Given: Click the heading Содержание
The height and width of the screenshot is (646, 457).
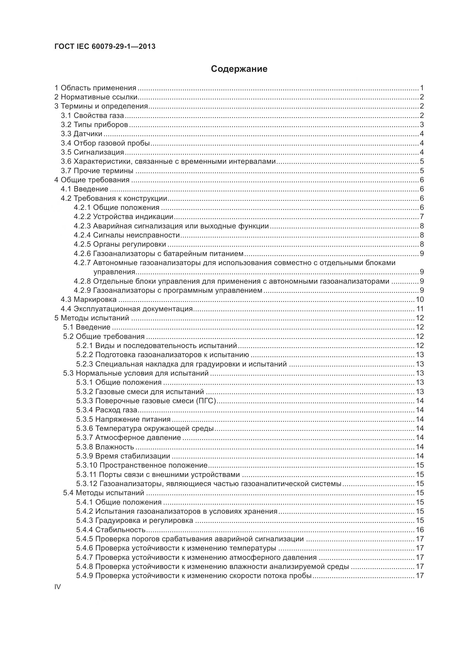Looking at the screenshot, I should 239,69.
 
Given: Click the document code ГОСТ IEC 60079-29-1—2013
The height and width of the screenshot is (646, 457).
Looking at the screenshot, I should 105,47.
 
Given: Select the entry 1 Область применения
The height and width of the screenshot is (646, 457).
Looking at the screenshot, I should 95,88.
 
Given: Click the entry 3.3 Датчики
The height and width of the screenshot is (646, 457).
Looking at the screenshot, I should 82,134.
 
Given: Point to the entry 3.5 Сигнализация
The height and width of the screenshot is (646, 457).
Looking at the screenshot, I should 93,152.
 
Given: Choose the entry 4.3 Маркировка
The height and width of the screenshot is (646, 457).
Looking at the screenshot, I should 89,300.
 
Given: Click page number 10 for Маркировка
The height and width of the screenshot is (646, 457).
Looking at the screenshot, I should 420,300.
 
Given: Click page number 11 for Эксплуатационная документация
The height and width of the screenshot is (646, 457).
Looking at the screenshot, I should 420,309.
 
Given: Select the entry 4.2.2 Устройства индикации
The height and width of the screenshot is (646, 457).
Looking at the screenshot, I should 124,217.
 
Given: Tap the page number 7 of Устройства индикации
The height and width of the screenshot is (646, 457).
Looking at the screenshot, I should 422,217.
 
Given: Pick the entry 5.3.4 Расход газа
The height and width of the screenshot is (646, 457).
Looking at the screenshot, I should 107,410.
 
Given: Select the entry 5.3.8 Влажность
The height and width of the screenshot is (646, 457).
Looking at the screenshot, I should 105,447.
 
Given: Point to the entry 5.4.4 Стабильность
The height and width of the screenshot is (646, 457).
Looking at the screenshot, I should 111,530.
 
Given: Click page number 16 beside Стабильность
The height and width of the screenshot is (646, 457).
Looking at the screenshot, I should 420,530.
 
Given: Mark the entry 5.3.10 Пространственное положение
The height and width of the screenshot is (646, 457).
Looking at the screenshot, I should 142,465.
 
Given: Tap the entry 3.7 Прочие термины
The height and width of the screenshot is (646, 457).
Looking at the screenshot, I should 97,171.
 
